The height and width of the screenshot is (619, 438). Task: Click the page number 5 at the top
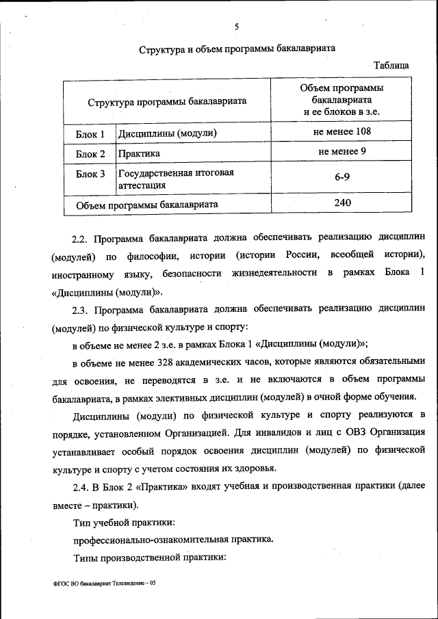click(x=236, y=27)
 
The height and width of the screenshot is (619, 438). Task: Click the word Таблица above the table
click(x=391, y=66)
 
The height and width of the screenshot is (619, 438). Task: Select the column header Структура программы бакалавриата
click(x=167, y=101)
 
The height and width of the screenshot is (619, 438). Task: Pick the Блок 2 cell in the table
click(x=90, y=154)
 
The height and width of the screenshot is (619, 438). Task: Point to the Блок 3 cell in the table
click(x=90, y=174)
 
